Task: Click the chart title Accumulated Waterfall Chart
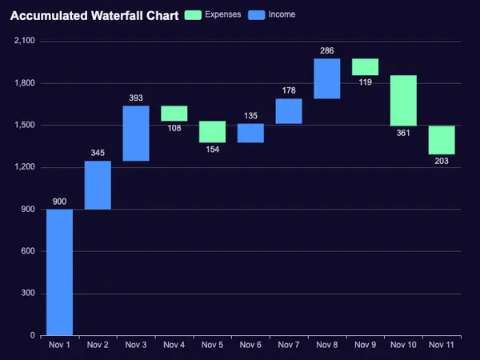point(94,15)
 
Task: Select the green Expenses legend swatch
point(193,15)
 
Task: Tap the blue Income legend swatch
point(257,15)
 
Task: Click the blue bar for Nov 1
point(60,273)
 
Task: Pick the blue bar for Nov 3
point(136,133)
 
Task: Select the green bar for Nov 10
point(403,101)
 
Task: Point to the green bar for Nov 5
point(213,132)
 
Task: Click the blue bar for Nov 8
point(327,78)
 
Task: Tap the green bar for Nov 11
point(442,140)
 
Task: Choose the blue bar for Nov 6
point(250,133)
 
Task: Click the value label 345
point(98,153)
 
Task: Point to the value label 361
point(403,133)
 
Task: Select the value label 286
point(327,50)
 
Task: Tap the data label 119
point(366,82)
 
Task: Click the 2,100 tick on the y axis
point(25,41)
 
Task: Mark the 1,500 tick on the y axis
point(25,125)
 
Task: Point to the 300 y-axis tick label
point(28,293)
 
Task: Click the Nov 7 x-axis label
point(289,345)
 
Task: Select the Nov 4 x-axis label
point(174,345)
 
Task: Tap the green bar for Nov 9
point(366,66)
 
